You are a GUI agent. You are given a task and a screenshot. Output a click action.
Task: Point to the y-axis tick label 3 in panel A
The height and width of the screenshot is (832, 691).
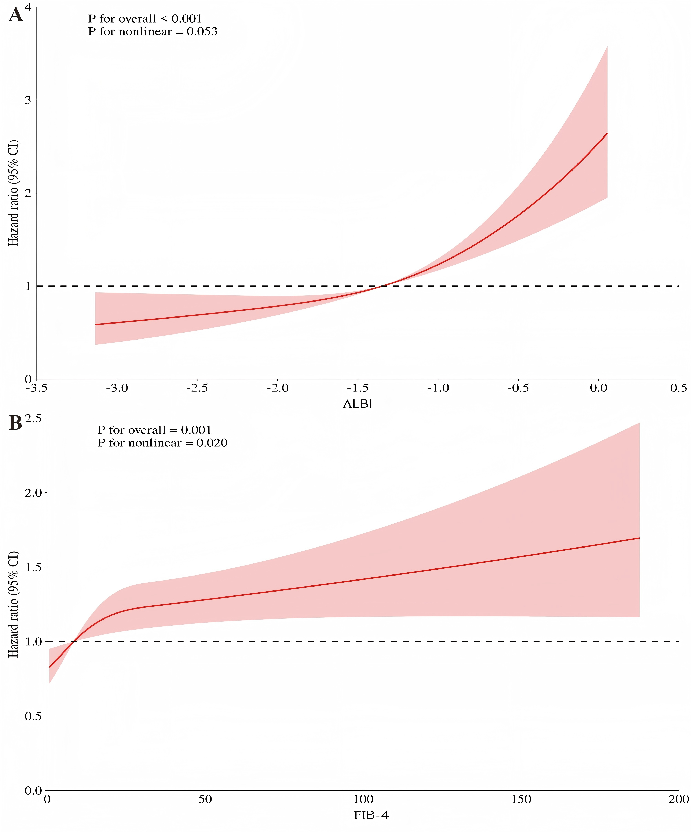pyautogui.click(x=28, y=100)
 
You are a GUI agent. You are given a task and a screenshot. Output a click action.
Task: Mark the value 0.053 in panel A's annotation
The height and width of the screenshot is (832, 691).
pyautogui.click(x=202, y=32)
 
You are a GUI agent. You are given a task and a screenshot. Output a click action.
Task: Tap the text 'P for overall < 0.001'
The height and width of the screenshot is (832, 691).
pyautogui.click(x=145, y=19)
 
